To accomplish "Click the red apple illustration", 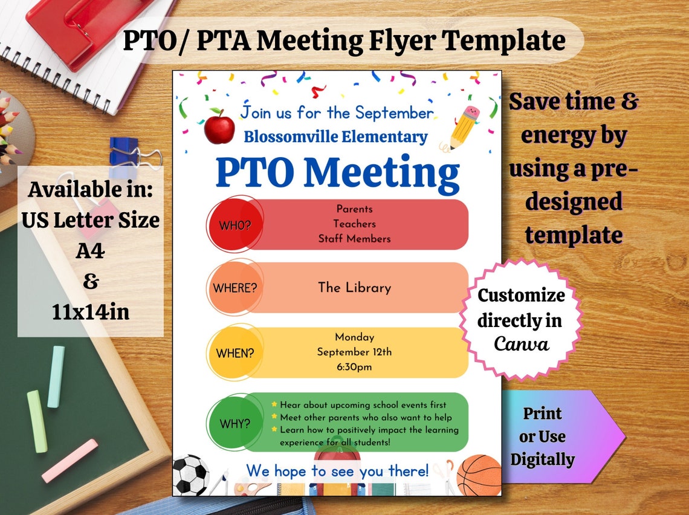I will pyautogui.click(x=219, y=127).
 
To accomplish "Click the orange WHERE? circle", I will pyautogui.click(x=234, y=288).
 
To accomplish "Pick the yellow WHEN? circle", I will pyautogui.click(x=234, y=352).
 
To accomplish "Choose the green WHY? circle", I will pyautogui.click(x=234, y=423).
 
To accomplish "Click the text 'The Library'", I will pyautogui.click(x=354, y=288).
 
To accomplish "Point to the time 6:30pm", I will pyautogui.click(x=354, y=367).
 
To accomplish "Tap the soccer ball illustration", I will pyautogui.click(x=190, y=475).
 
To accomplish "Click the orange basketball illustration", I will pyautogui.click(x=479, y=475).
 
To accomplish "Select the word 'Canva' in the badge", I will pyautogui.click(x=521, y=344).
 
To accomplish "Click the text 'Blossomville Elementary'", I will pyautogui.click(x=335, y=137).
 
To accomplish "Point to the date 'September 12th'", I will pyautogui.click(x=354, y=352).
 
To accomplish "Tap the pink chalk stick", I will pyautogui.click(x=70, y=461).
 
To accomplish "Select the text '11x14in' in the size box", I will pyautogui.click(x=91, y=313).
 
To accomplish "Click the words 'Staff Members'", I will pyautogui.click(x=354, y=239).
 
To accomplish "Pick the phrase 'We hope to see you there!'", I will pyautogui.click(x=337, y=470).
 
